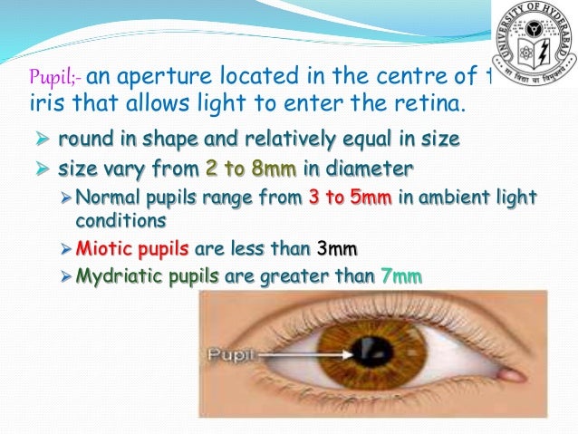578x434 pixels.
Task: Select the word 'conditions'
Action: tap(113, 219)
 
